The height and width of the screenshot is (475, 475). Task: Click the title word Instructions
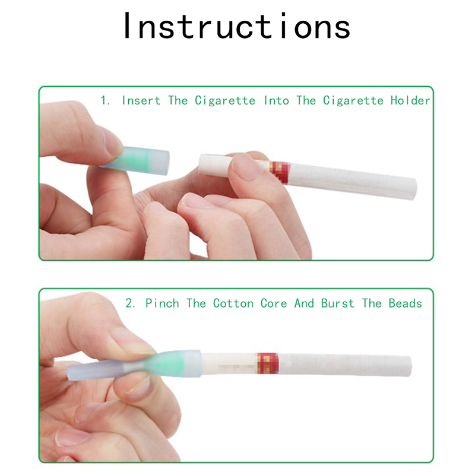pos(237,26)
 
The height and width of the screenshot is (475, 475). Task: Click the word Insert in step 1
pos(141,100)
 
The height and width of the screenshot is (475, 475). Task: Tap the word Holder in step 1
pos(410,100)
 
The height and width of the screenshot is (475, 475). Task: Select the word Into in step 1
pos(277,100)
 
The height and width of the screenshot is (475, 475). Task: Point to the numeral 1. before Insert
pos(105,100)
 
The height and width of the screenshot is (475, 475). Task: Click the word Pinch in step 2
pos(162,303)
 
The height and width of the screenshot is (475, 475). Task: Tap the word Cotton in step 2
pos(233,303)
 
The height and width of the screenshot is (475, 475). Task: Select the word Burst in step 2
pos(338,303)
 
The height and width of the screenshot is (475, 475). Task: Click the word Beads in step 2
pos(406,303)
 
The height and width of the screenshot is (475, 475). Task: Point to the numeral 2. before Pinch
pos(130,303)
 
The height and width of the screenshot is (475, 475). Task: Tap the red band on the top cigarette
pos(279,172)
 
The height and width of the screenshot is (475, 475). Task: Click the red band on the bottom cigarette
pos(268,363)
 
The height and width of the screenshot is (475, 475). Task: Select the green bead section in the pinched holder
pos(173,364)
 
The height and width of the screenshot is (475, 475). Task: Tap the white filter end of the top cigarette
pos(214,164)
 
